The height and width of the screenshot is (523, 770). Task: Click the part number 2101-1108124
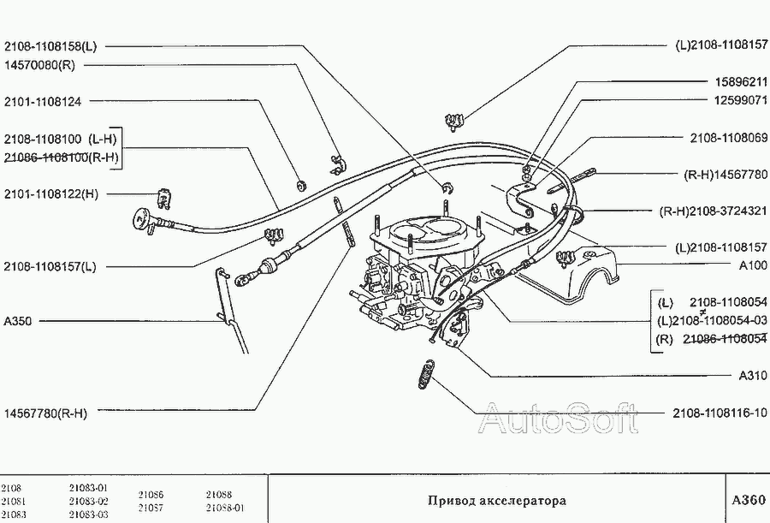tap(43, 101)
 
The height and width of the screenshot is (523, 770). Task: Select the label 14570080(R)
tap(39, 63)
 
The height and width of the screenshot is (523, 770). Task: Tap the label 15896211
tap(741, 82)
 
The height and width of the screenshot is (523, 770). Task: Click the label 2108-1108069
tap(729, 138)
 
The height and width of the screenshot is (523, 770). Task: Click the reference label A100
tap(753, 265)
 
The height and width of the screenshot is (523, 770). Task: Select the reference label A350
tap(18, 322)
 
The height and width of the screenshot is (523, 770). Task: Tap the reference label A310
tap(753, 375)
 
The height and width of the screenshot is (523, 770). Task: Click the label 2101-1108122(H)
tap(50, 194)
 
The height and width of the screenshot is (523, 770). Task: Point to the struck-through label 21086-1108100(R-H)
tap(61, 157)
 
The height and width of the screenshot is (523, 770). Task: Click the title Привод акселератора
tap(496, 500)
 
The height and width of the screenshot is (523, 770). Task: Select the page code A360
tap(749, 500)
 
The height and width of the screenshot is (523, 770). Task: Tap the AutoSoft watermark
tap(557, 419)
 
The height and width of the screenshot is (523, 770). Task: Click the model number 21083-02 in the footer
tap(88, 501)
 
